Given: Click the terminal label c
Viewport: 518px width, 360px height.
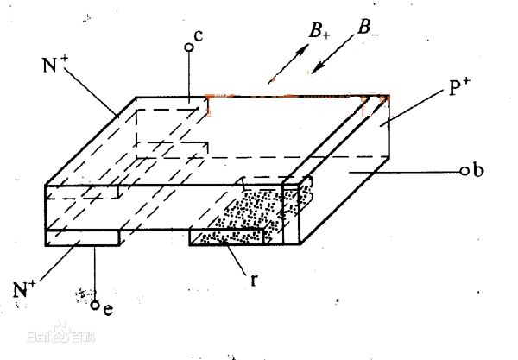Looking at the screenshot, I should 199,36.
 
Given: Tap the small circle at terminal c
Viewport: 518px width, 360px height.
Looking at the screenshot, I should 188,46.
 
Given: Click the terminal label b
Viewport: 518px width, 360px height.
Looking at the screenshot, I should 477,170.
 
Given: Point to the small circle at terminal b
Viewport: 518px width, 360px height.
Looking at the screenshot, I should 464,171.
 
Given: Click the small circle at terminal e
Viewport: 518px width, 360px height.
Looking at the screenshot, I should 96,303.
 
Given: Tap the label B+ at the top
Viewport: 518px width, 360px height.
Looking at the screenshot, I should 319,33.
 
